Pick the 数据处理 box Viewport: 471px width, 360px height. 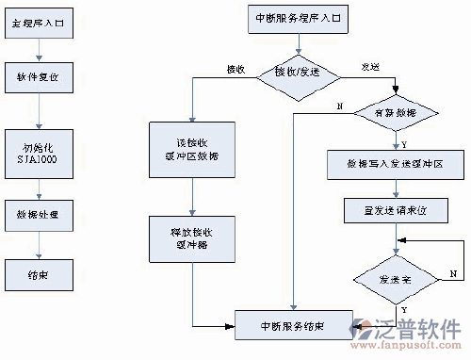[x=38, y=216]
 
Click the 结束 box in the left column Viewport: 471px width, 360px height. [x=38, y=276]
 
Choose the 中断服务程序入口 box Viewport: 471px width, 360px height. [x=295, y=19]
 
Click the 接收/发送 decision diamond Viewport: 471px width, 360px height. [x=295, y=73]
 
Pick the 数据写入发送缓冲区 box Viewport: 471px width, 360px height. [x=396, y=164]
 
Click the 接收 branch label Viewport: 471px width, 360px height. [x=236, y=69]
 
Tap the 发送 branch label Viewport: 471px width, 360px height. [x=370, y=68]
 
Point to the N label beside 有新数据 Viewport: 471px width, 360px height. [x=338, y=105]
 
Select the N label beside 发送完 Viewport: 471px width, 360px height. [x=453, y=271]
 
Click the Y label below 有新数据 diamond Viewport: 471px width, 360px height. [x=404, y=145]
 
